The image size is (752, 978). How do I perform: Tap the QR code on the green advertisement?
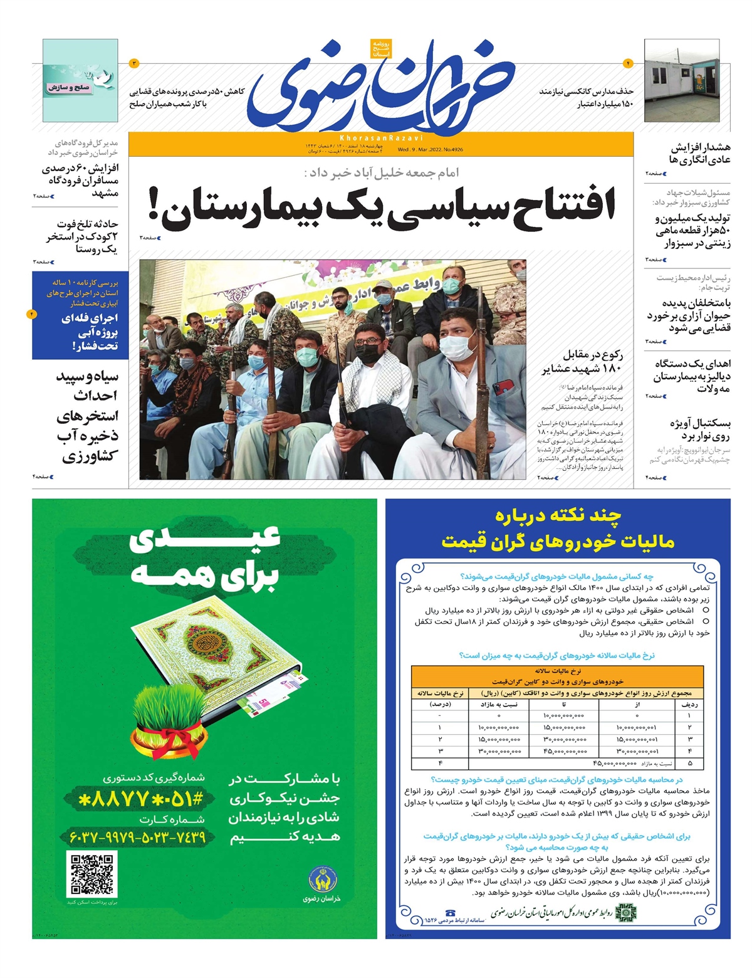[x=91, y=873]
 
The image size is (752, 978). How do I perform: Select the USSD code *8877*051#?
[x=139, y=799]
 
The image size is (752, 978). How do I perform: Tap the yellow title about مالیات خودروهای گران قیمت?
[x=558, y=529]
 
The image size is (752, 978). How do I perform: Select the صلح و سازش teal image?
[x=80, y=80]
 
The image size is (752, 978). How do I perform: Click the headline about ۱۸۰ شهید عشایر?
[x=582, y=362]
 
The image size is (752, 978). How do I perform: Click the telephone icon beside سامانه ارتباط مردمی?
[x=450, y=913]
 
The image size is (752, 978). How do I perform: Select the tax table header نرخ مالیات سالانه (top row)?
[x=557, y=671]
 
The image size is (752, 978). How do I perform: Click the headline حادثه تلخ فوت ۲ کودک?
[x=81, y=236]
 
